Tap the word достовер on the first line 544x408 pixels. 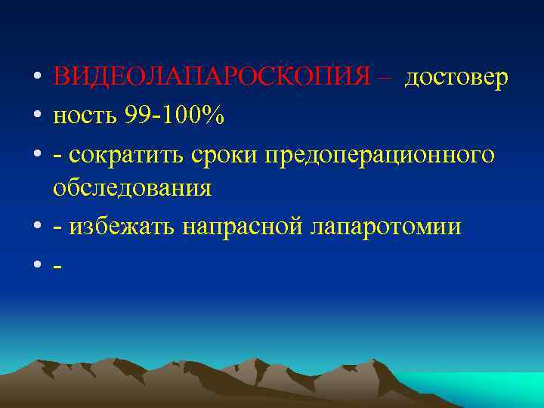[x=456, y=77]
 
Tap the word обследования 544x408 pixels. [x=131, y=188]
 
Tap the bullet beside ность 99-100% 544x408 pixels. [x=36, y=116]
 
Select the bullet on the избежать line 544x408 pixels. [x=36, y=227]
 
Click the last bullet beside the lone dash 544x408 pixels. [x=36, y=264]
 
